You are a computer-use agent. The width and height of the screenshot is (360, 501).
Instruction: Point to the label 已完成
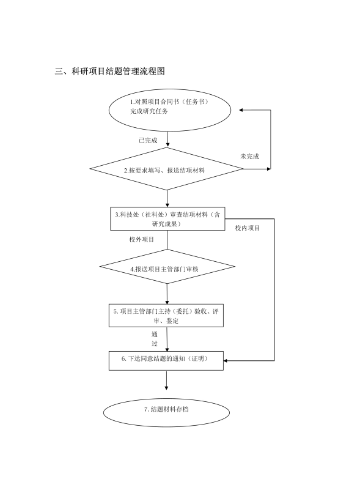[x=148, y=141]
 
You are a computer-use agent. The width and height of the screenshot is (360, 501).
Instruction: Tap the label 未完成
[x=249, y=156]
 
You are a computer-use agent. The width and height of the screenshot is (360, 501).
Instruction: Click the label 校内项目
[x=248, y=228]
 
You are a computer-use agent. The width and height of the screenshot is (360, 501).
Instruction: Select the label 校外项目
[x=141, y=239]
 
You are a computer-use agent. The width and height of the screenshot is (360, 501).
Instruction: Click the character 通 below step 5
[x=155, y=335]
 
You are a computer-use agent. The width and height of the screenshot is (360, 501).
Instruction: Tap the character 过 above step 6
[x=155, y=344]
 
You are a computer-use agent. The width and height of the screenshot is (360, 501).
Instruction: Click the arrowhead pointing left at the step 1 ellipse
[x=241, y=110]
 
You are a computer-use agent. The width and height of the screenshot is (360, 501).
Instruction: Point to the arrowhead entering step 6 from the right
[x=226, y=361]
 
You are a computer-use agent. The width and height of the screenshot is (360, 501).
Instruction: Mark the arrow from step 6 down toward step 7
[x=166, y=380]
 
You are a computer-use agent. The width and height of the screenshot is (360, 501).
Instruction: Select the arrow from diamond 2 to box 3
[x=167, y=199]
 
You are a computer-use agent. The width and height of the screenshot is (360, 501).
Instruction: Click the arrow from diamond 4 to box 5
[x=167, y=294]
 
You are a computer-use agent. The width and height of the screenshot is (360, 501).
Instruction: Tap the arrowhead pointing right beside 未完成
[x=269, y=169]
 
